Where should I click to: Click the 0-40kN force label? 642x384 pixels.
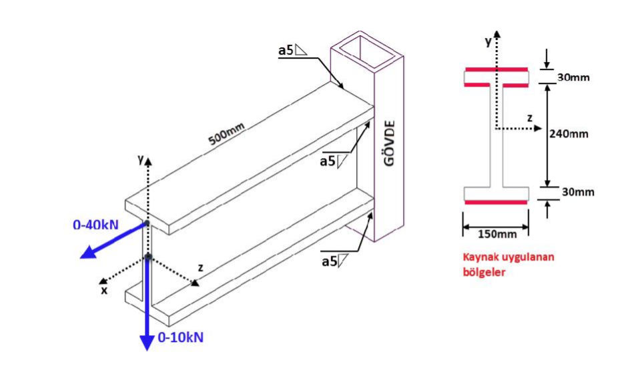[95, 225]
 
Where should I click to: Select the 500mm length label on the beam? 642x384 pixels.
[227, 134]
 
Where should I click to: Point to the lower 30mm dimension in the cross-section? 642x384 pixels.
[577, 192]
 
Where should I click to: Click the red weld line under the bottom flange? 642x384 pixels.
[497, 202]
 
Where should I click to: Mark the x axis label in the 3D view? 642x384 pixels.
[103, 290]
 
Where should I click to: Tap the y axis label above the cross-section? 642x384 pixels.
[488, 41]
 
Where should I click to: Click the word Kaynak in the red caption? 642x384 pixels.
[479, 257]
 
